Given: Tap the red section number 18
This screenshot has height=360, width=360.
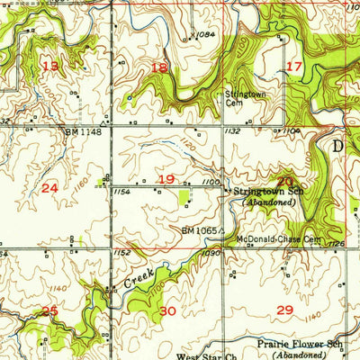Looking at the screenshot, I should (160, 67).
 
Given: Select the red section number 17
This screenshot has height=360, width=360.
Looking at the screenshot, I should (294, 67).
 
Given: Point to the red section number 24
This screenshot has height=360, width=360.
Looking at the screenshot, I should (49, 187).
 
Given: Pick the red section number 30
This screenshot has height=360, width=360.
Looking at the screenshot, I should (167, 310).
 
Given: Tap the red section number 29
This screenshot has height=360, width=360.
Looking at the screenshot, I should (285, 310).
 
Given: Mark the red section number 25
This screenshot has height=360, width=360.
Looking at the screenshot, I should (49, 310).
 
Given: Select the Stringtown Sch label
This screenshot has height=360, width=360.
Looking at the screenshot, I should (270, 192).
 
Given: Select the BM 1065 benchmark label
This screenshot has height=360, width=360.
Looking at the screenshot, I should (200, 230).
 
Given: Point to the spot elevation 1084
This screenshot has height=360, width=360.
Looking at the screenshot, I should (204, 35).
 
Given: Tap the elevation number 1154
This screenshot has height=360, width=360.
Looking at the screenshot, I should (123, 191).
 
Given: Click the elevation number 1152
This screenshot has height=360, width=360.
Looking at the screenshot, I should (122, 254).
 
